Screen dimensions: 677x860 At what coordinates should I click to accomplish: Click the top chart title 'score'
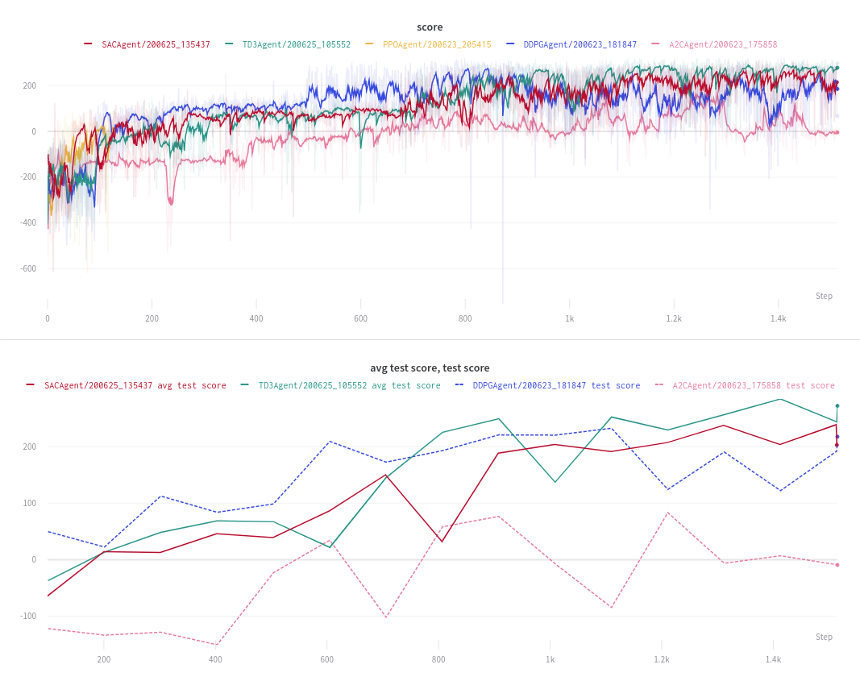pyautogui.click(x=430, y=27)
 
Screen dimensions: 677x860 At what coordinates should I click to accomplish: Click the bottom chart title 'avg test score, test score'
pyautogui.click(x=430, y=368)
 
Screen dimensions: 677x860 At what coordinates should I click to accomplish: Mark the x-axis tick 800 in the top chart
pyautogui.click(x=465, y=318)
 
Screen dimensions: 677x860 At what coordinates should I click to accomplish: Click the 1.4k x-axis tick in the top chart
pyautogui.click(x=778, y=318)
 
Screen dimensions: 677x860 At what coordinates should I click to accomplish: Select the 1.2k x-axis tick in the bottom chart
pyautogui.click(x=662, y=659)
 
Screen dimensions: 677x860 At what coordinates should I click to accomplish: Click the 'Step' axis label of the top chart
pyautogui.click(x=824, y=296)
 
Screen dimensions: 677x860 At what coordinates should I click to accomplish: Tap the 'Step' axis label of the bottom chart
pyautogui.click(x=824, y=637)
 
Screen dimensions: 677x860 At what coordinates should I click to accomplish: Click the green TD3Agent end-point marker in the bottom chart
pyautogui.click(x=837, y=405)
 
